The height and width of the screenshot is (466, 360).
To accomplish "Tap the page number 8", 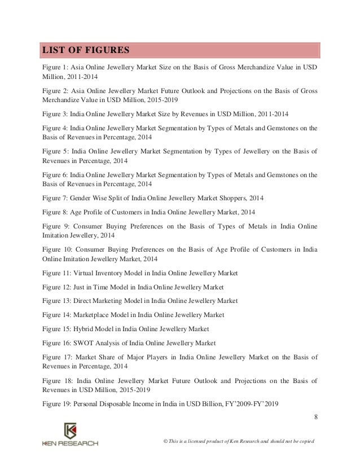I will coord(315,417).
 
